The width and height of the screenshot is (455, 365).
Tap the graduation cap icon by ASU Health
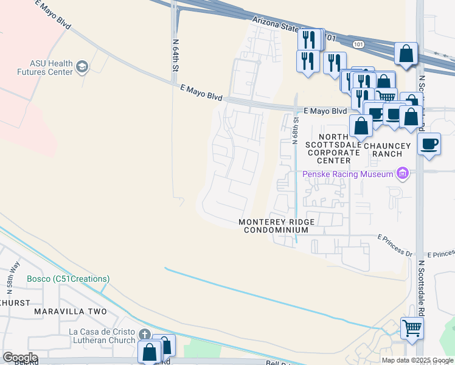[x=82, y=67]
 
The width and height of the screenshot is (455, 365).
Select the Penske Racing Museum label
[x=348, y=175]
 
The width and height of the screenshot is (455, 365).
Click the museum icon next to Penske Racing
[x=401, y=175]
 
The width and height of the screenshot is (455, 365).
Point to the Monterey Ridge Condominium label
[x=273, y=226]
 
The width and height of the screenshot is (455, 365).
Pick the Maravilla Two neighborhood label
[x=70, y=311]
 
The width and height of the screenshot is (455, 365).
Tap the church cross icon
[x=144, y=335]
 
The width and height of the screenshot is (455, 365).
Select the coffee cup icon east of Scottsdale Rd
[x=429, y=144]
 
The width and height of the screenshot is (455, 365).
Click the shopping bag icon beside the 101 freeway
[x=406, y=53]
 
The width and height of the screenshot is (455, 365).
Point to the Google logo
[x=19, y=358]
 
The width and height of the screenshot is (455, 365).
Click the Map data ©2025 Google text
[x=417, y=360]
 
